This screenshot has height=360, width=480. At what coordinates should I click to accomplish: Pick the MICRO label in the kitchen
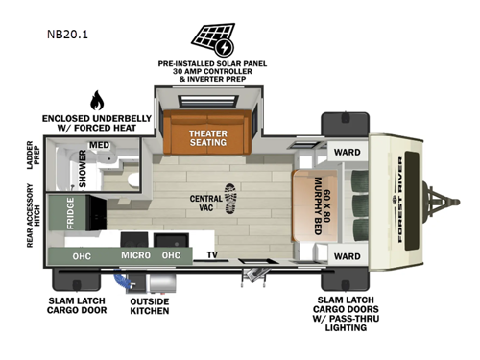pyautogui.click(x=134, y=256)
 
